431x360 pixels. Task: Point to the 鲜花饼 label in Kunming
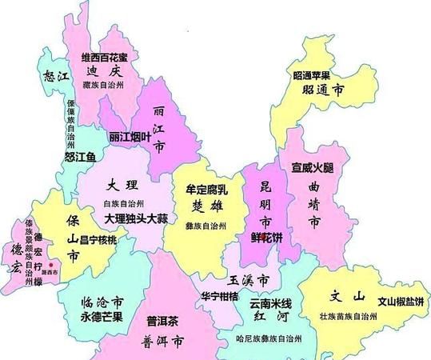[265, 237]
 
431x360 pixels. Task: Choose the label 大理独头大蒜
[135, 218]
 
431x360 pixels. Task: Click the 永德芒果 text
[102, 316]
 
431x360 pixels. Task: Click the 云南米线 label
[270, 304]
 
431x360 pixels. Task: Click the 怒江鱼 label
[80, 157]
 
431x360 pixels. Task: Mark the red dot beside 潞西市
[51, 263]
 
